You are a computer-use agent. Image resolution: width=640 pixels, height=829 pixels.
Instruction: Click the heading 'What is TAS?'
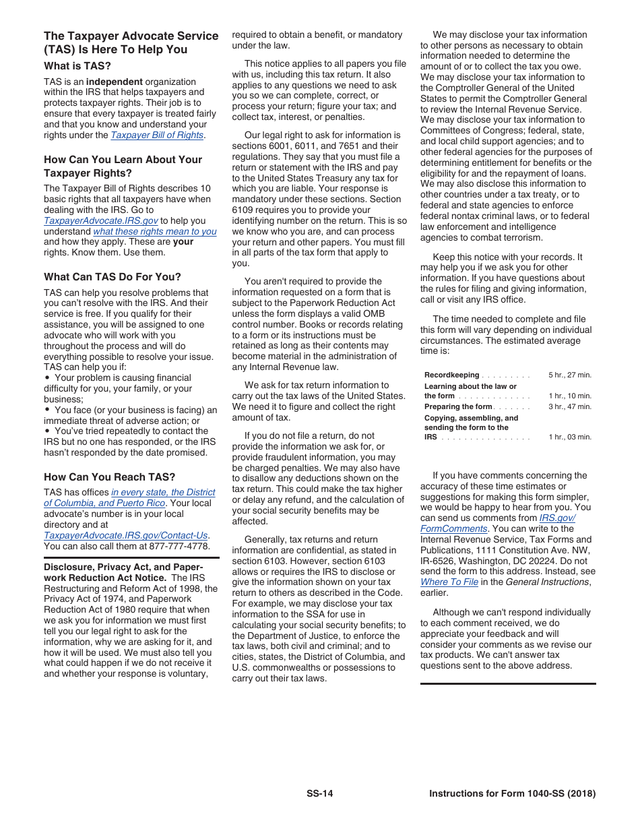(77, 66)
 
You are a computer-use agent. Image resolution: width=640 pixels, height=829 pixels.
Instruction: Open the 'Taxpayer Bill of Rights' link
(157, 135)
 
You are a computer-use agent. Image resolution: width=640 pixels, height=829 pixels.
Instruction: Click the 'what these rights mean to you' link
(155, 231)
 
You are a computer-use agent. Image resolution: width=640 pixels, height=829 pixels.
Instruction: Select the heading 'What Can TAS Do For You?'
(113, 277)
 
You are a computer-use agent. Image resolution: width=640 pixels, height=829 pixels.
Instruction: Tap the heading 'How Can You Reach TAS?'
(109, 477)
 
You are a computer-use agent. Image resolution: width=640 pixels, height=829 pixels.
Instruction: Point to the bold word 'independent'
(113, 82)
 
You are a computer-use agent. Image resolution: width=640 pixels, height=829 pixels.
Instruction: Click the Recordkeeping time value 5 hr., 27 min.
(569, 375)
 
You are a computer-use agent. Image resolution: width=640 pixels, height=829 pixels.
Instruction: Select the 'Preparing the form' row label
(458, 407)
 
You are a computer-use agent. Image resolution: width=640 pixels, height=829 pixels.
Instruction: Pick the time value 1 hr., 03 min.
(569, 437)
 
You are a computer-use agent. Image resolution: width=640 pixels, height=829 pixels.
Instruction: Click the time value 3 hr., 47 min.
(569, 407)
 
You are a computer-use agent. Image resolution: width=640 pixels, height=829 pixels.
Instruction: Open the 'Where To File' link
(449, 582)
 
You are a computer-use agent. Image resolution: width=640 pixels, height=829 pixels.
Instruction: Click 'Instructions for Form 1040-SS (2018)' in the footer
(512, 794)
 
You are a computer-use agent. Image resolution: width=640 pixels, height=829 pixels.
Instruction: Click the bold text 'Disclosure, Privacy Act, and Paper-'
(123, 567)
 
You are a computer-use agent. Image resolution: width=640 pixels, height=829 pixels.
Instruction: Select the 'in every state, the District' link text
(163, 493)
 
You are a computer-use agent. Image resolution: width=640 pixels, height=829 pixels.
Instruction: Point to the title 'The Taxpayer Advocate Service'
(131, 36)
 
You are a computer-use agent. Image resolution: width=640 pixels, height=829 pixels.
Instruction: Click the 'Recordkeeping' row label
(451, 375)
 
